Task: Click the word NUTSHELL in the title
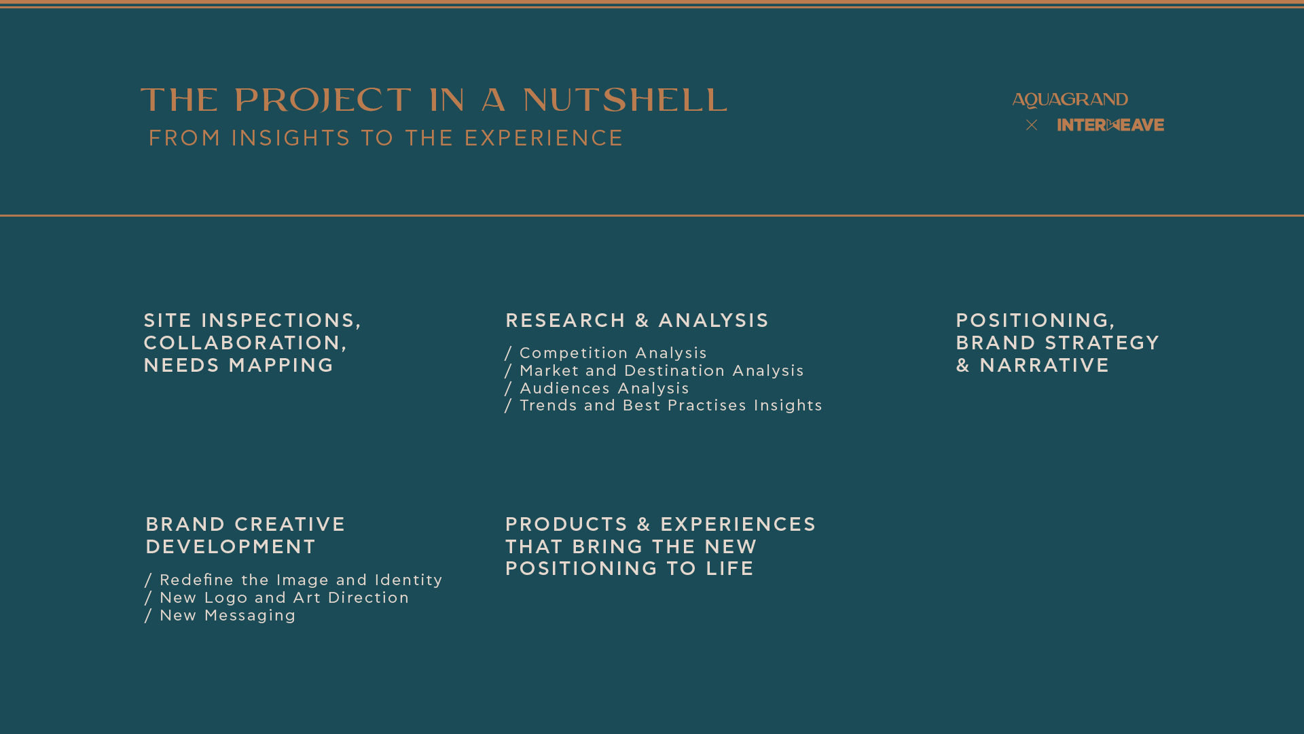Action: coord(626,101)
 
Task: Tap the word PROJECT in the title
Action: coord(323,101)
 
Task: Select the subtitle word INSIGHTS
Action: coord(291,138)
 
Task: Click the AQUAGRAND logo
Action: coord(1070,100)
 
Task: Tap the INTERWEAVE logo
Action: coord(1110,125)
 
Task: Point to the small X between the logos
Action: coord(1032,125)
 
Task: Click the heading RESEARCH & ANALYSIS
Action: coord(637,320)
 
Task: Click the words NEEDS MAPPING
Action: coord(238,365)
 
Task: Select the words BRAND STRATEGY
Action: coord(1057,343)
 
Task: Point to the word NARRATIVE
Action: coord(1045,365)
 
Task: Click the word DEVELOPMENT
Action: coord(231,546)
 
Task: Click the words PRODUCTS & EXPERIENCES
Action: coord(661,524)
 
